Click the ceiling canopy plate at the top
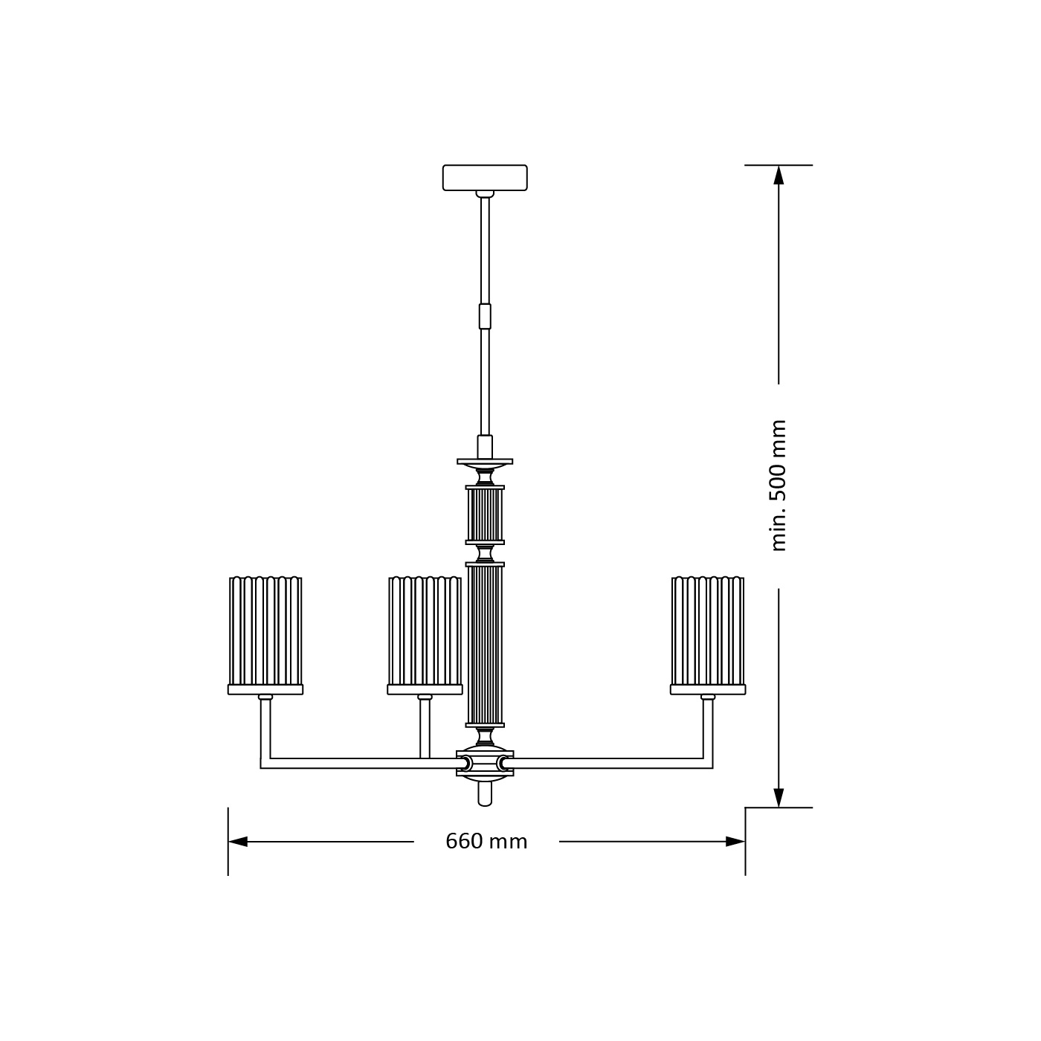[485, 178]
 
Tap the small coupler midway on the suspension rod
[485, 316]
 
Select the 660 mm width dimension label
[486, 841]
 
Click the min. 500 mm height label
[778, 486]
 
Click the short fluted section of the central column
[485, 515]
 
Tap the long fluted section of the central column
[485, 645]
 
